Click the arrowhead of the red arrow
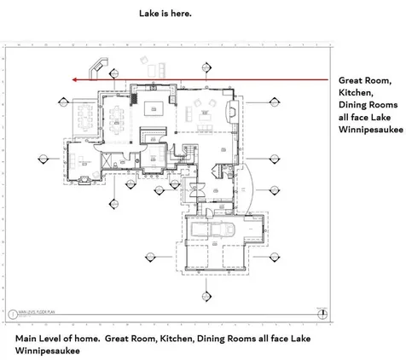click(x=75, y=79)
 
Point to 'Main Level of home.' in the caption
click(x=58, y=339)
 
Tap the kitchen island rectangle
click(x=154, y=107)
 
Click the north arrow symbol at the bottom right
click(x=321, y=314)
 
